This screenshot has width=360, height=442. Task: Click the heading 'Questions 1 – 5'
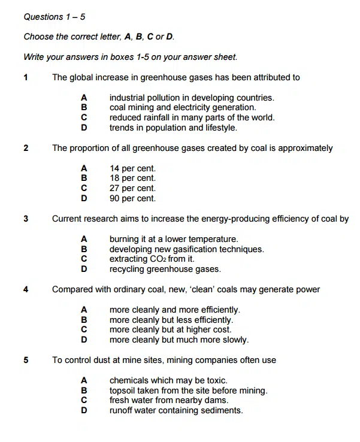[54, 17]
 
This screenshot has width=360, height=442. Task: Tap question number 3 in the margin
[26, 219]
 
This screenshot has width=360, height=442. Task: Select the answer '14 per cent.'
[132, 168]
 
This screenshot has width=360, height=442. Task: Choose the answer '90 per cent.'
[132, 198]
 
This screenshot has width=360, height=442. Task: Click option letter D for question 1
[84, 128]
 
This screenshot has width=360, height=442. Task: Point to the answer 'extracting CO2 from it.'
[152, 259]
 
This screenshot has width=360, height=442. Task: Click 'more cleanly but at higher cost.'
[170, 330]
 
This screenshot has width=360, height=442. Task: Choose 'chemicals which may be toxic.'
[168, 380]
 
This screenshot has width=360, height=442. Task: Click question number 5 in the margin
[26, 361]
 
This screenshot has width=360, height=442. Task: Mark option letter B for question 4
[84, 320]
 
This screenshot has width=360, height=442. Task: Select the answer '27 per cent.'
[132, 188]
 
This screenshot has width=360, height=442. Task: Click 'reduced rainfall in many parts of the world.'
[192, 117]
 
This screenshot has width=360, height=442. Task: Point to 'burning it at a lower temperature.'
[174, 239]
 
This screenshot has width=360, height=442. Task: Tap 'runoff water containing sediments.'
[176, 411]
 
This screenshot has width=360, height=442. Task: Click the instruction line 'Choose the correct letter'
[99, 37]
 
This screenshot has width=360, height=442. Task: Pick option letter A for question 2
[84, 168]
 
